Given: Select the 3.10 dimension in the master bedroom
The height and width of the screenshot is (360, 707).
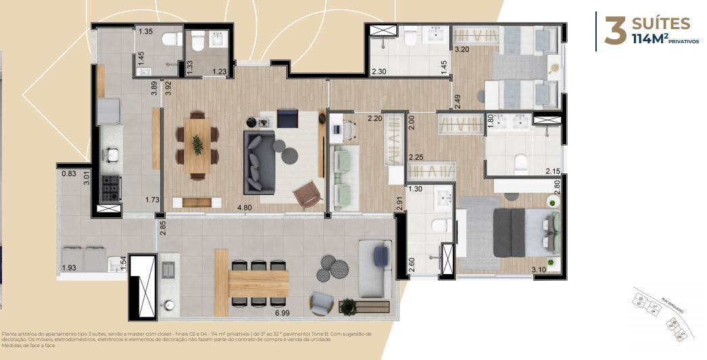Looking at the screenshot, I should point(539,270).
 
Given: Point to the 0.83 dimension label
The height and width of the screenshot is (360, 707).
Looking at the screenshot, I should point(68,174).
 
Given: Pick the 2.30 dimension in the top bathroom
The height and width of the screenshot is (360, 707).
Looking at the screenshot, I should point(379,71).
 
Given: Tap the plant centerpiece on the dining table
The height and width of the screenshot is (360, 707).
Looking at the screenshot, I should point(198,144).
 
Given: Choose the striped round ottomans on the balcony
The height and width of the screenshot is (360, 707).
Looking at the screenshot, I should point(330,267).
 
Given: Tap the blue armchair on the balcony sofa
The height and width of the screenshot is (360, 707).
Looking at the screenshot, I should point(382,254).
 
